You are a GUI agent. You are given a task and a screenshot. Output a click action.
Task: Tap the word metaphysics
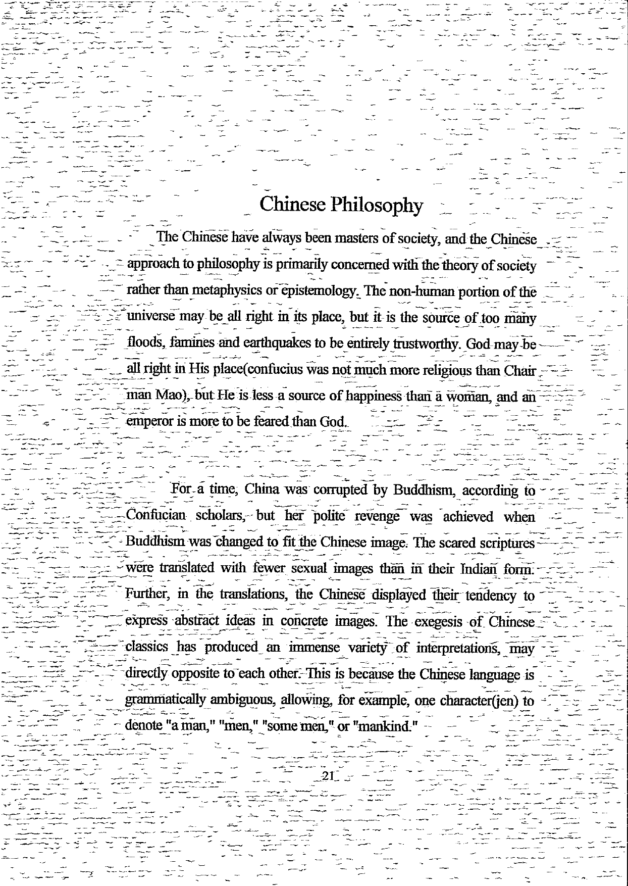pos(230,291)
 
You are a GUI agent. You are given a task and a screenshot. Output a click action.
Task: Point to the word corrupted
pos(342,490)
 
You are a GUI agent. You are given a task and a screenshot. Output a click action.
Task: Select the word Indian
pos(479,569)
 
